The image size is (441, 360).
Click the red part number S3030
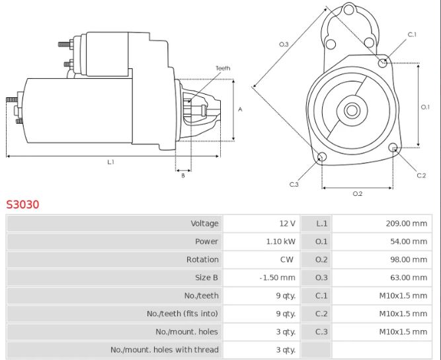[22, 204]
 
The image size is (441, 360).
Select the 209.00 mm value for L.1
[407, 224]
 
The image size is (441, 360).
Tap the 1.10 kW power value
[281, 242]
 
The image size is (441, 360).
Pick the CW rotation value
[286, 259]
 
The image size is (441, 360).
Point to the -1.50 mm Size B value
[277, 277]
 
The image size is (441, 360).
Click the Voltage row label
[204, 224]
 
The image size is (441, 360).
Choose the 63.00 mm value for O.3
[409, 277]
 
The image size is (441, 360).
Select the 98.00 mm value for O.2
[409, 259]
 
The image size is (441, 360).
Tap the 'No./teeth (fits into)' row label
[182, 314]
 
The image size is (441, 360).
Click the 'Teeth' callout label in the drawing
[223, 68]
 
